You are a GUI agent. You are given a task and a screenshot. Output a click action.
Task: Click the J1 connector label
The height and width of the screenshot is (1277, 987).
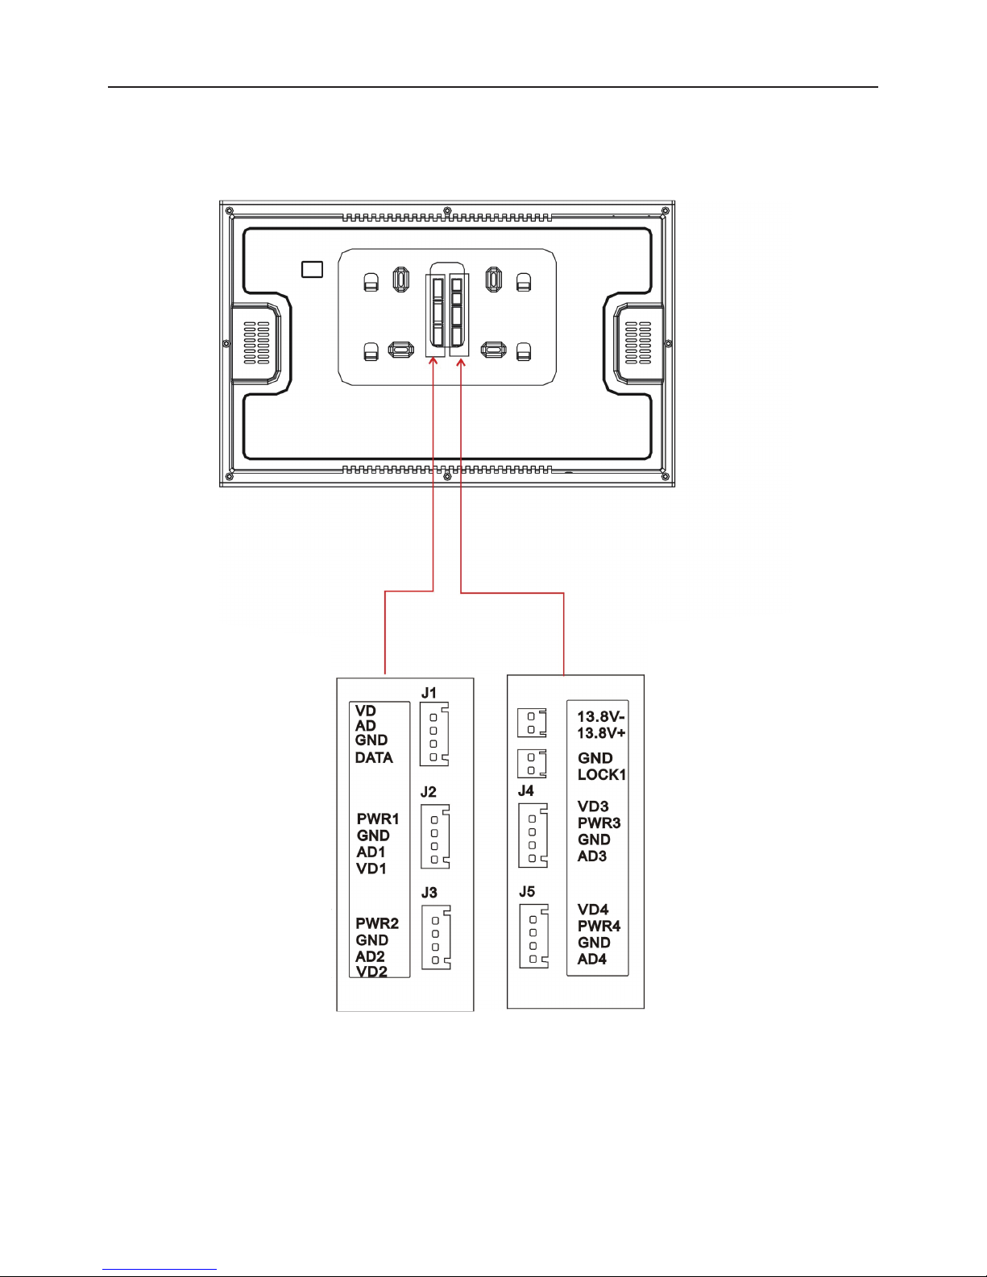[x=429, y=693]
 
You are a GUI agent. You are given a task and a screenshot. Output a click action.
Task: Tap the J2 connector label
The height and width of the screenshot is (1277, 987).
[x=429, y=792]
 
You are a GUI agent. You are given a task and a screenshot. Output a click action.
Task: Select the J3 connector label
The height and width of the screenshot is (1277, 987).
[x=429, y=893]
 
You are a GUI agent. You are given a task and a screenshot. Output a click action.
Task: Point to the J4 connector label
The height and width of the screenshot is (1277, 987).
[x=526, y=791]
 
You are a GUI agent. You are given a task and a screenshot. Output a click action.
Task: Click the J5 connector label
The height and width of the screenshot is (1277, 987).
[x=527, y=892]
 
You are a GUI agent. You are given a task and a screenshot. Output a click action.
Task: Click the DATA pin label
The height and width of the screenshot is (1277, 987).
[x=374, y=758]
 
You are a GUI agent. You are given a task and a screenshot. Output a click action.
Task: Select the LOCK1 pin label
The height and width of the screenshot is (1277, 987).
[x=602, y=774]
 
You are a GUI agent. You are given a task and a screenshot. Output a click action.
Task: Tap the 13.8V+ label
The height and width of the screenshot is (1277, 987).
[x=601, y=733]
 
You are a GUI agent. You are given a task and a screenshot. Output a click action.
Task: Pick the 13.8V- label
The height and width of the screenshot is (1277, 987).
[x=601, y=717]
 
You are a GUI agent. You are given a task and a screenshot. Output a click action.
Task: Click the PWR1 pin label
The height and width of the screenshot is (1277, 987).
[x=378, y=819]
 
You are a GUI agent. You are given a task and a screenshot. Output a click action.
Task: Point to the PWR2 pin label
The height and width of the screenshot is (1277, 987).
[x=377, y=923]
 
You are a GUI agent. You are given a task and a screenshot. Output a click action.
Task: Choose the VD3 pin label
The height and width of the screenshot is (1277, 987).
[x=593, y=806]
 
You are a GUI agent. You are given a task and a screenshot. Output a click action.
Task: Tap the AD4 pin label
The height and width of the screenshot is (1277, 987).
[x=592, y=959]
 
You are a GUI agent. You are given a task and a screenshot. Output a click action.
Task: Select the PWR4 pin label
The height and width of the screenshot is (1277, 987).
[x=599, y=927]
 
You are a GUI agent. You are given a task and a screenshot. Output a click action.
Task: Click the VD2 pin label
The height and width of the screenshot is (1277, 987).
[x=371, y=972]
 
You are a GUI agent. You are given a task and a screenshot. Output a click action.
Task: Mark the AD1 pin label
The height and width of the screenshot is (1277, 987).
[x=371, y=852]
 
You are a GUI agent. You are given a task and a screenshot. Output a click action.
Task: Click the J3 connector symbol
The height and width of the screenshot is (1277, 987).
[x=436, y=937]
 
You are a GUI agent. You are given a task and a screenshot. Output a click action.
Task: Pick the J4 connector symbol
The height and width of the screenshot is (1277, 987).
[x=533, y=835]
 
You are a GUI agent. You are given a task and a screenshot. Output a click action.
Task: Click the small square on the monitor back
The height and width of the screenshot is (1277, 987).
[x=312, y=269]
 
